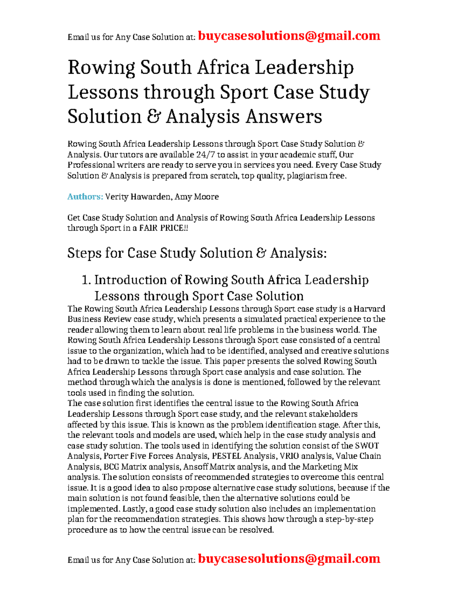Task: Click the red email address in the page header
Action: point(289,36)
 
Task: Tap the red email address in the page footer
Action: point(289,559)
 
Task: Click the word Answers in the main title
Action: point(284,116)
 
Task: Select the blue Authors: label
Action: point(85,197)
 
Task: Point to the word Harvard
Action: point(369,309)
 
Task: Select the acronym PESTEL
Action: point(226,456)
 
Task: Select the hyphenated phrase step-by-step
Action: point(349,519)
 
